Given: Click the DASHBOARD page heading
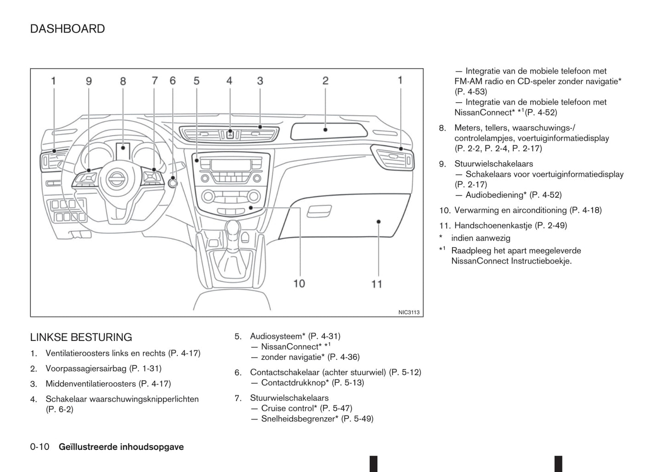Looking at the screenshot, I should [x=67, y=29].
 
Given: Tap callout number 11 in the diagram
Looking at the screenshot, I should [x=376, y=284].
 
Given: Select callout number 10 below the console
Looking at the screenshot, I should [x=299, y=283].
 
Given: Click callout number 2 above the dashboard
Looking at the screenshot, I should [x=325, y=81].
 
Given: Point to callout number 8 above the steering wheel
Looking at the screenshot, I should [x=123, y=81].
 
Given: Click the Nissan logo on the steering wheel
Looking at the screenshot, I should [x=116, y=178].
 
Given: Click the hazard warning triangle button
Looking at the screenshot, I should [x=230, y=135].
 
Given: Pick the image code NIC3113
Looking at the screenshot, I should [x=409, y=312].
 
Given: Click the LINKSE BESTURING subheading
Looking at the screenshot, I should [x=81, y=337].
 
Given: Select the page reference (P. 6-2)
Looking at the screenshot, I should [x=60, y=409].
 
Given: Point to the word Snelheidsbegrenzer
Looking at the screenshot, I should [x=300, y=419].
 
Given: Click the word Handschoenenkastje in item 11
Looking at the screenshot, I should [x=487, y=225].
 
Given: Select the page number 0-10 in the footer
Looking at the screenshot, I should [x=40, y=447].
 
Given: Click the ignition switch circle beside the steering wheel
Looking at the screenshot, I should [x=173, y=183].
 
